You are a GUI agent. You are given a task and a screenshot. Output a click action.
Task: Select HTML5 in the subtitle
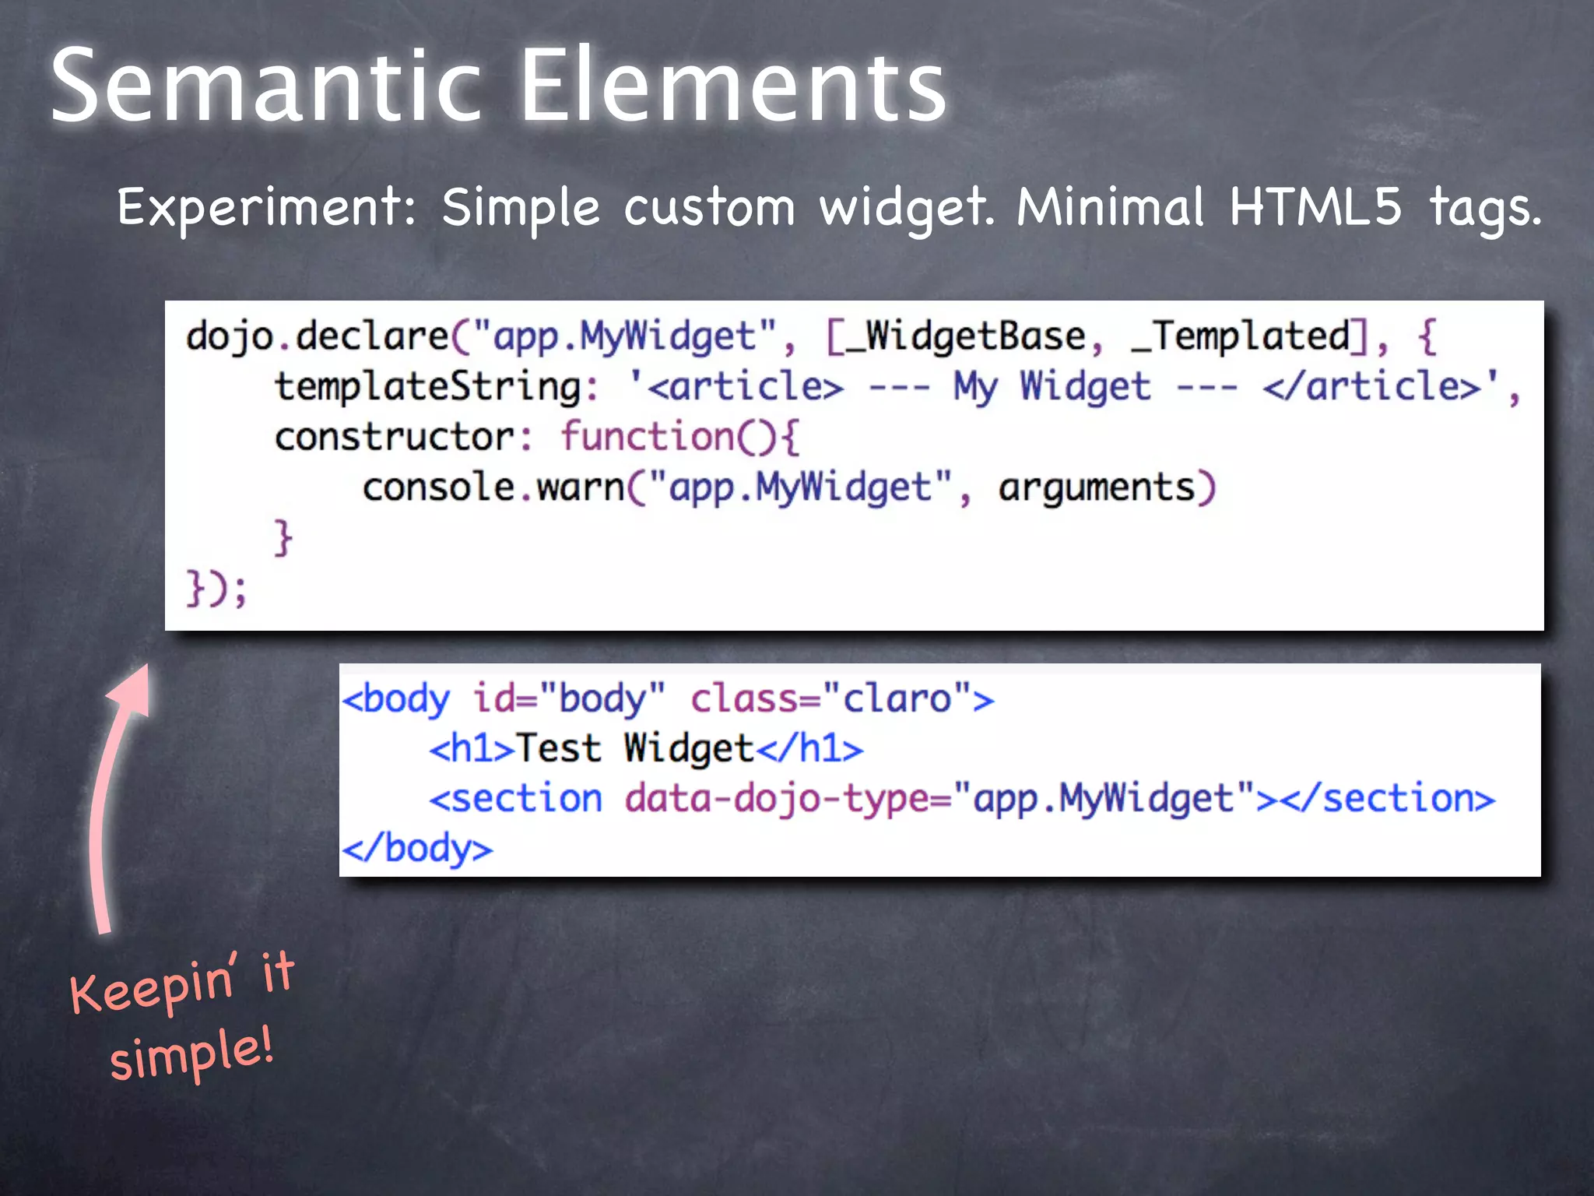[x=1315, y=207]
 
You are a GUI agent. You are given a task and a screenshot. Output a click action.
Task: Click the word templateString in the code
[x=428, y=387]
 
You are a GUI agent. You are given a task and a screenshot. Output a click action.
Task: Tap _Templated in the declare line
[x=1241, y=337]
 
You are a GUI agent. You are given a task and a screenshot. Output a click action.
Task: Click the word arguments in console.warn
[x=1096, y=488]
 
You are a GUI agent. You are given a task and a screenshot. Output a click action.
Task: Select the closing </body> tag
[x=417, y=849]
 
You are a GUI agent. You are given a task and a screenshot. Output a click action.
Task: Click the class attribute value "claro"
[x=897, y=698]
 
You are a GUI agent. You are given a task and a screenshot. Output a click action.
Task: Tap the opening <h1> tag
[x=471, y=749]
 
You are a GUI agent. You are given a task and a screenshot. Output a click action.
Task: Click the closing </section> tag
[x=1388, y=800]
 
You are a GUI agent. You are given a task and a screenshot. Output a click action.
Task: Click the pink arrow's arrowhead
[x=131, y=689]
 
